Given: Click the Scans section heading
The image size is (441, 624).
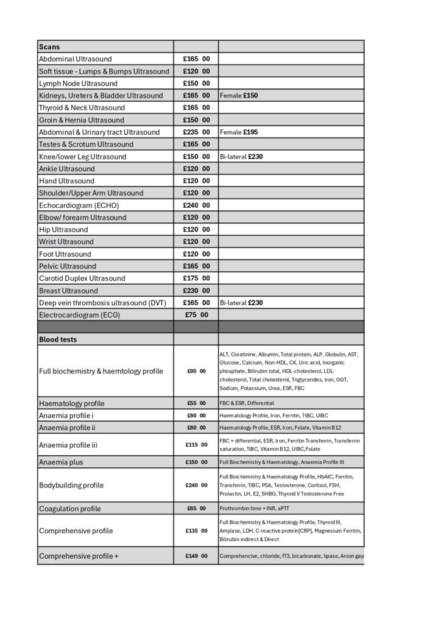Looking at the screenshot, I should click(x=49, y=47).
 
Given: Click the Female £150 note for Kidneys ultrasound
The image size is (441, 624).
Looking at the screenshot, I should click(x=239, y=96).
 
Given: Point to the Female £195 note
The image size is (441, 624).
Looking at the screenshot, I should click(x=239, y=132).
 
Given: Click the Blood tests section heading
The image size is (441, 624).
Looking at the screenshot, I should click(x=58, y=339).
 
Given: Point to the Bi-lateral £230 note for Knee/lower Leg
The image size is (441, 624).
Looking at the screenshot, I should click(x=241, y=157).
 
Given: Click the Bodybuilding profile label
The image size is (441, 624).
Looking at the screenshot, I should click(x=71, y=485).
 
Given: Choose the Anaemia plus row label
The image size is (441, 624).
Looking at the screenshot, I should click(x=61, y=463).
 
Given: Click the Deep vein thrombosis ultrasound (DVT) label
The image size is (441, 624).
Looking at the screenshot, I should click(x=102, y=303).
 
